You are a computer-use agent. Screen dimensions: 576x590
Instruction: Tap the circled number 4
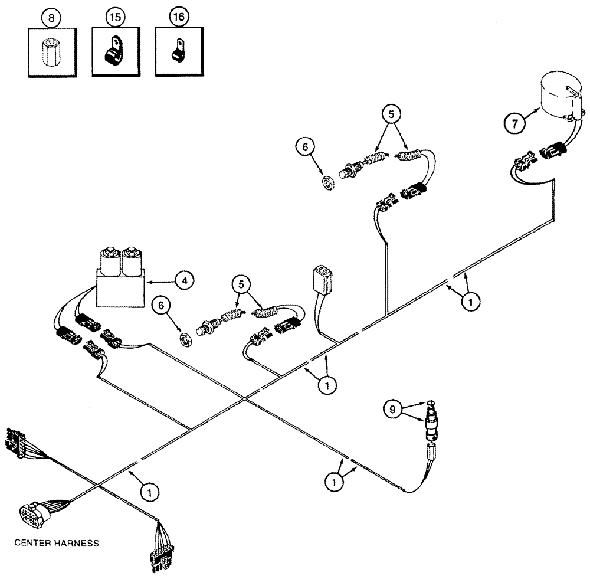pos(185,281)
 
